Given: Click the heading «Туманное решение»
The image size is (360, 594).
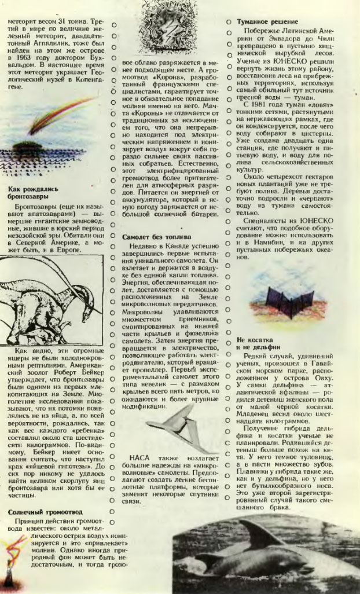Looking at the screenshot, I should (265, 21).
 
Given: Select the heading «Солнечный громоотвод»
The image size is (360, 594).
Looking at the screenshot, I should (45, 512).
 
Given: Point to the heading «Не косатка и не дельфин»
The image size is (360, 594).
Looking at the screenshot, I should (258, 344).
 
